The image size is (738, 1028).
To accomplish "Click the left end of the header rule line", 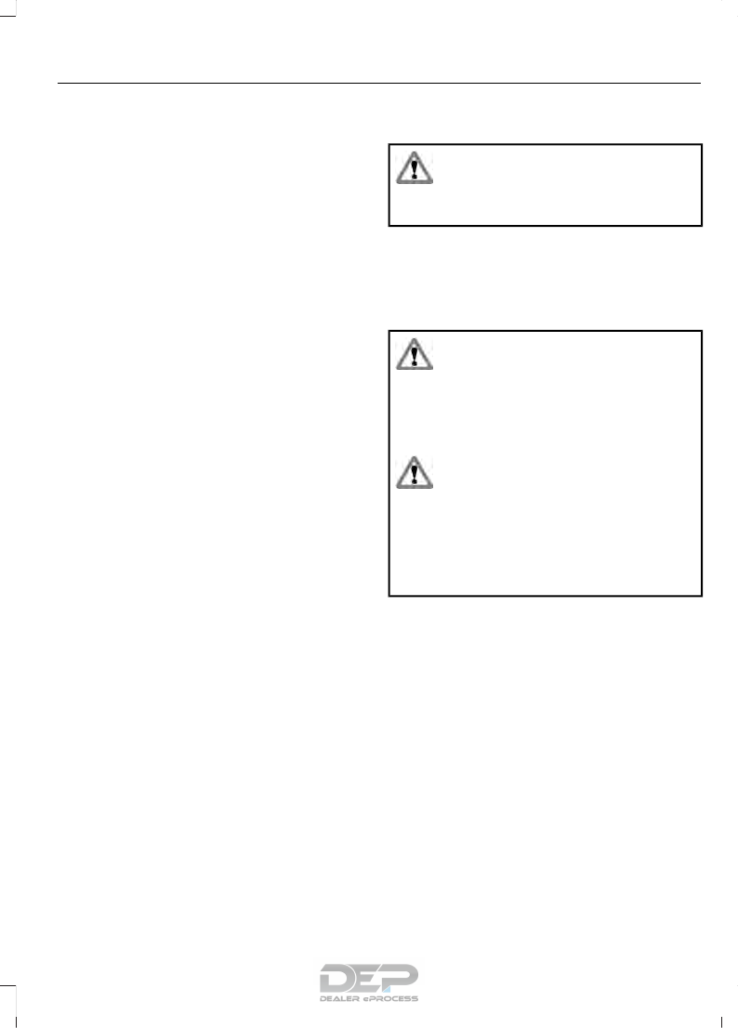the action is click(x=59, y=83).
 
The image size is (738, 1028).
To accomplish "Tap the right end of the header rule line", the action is click(x=699, y=83).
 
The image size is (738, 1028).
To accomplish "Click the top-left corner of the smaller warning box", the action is click(x=389, y=144).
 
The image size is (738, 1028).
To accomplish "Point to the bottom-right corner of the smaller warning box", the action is click(x=701, y=225).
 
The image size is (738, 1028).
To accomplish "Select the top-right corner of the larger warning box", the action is click(x=701, y=330).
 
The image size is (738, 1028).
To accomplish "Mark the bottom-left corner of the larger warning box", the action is click(x=389, y=595).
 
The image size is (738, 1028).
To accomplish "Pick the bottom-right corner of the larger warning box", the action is click(x=701, y=595).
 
